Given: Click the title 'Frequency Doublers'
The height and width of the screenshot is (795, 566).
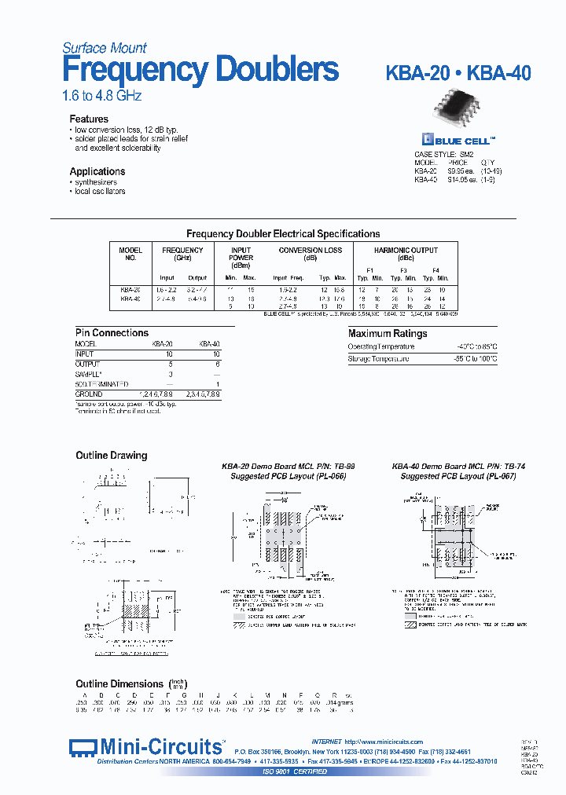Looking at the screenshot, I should tap(200, 71).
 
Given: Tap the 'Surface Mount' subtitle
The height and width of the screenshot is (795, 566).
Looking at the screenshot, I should tap(105, 48).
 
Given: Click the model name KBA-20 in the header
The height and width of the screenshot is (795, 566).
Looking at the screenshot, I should tap(417, 74).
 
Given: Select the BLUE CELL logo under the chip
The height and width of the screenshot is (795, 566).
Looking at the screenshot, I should tap(458, 140).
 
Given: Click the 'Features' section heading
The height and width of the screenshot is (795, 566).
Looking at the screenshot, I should tap(89, 119).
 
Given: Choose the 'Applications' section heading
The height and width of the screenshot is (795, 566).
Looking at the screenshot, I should tap(97, 171).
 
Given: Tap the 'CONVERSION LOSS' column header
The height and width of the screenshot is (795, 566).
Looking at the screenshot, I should tap(311, 251).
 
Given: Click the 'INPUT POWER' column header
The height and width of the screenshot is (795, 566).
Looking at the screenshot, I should tap(241, 254).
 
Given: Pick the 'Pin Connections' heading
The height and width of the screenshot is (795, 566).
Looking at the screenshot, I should tap(112, 333).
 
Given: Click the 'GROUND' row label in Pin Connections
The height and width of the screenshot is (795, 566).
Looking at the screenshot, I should tap(89, 394).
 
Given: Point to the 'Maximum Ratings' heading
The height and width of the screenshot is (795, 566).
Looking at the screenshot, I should tap(388, 334).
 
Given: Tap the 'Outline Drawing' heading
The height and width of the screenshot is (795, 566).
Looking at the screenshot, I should tap(111, 456).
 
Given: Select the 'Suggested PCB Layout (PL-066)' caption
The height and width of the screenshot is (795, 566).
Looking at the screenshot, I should tap(288, 476).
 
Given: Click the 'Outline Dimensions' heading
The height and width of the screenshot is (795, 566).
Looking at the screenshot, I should tap(119, 684).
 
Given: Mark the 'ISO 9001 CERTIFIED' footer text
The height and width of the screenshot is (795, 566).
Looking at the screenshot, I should tap(294, 771).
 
